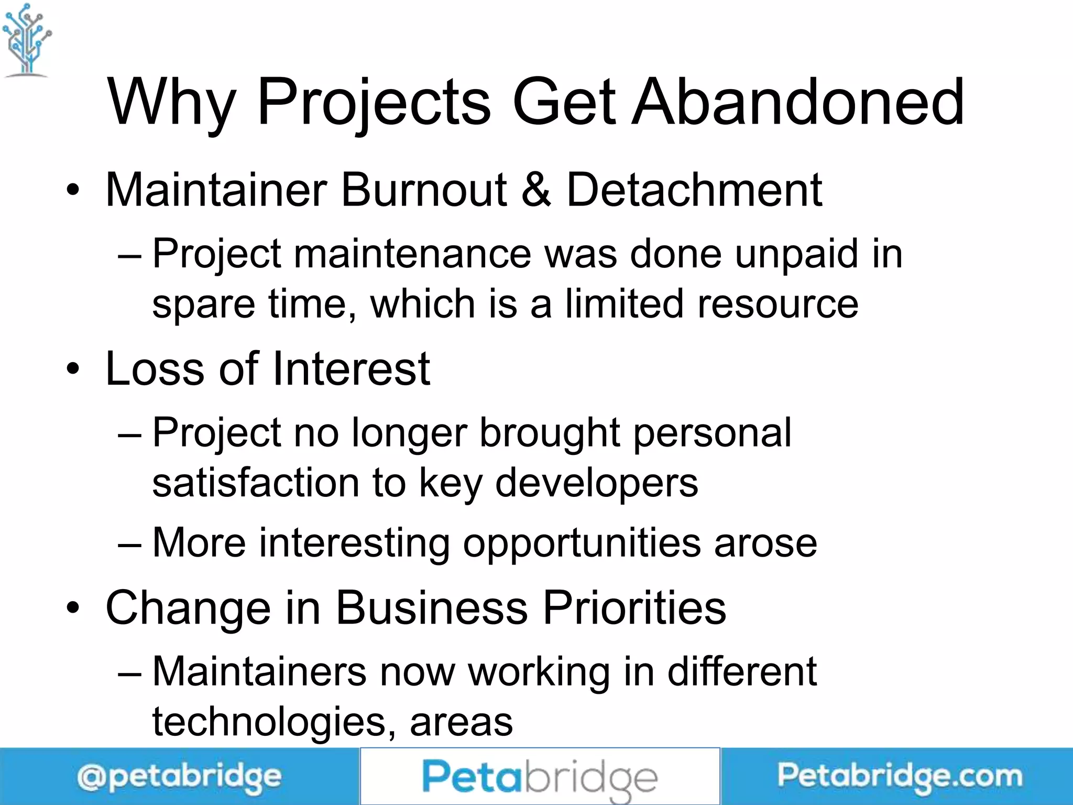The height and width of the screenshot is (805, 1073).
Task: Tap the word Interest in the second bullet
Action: [x=351, y=369]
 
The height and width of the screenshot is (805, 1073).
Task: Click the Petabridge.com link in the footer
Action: [x=899, y=777]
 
